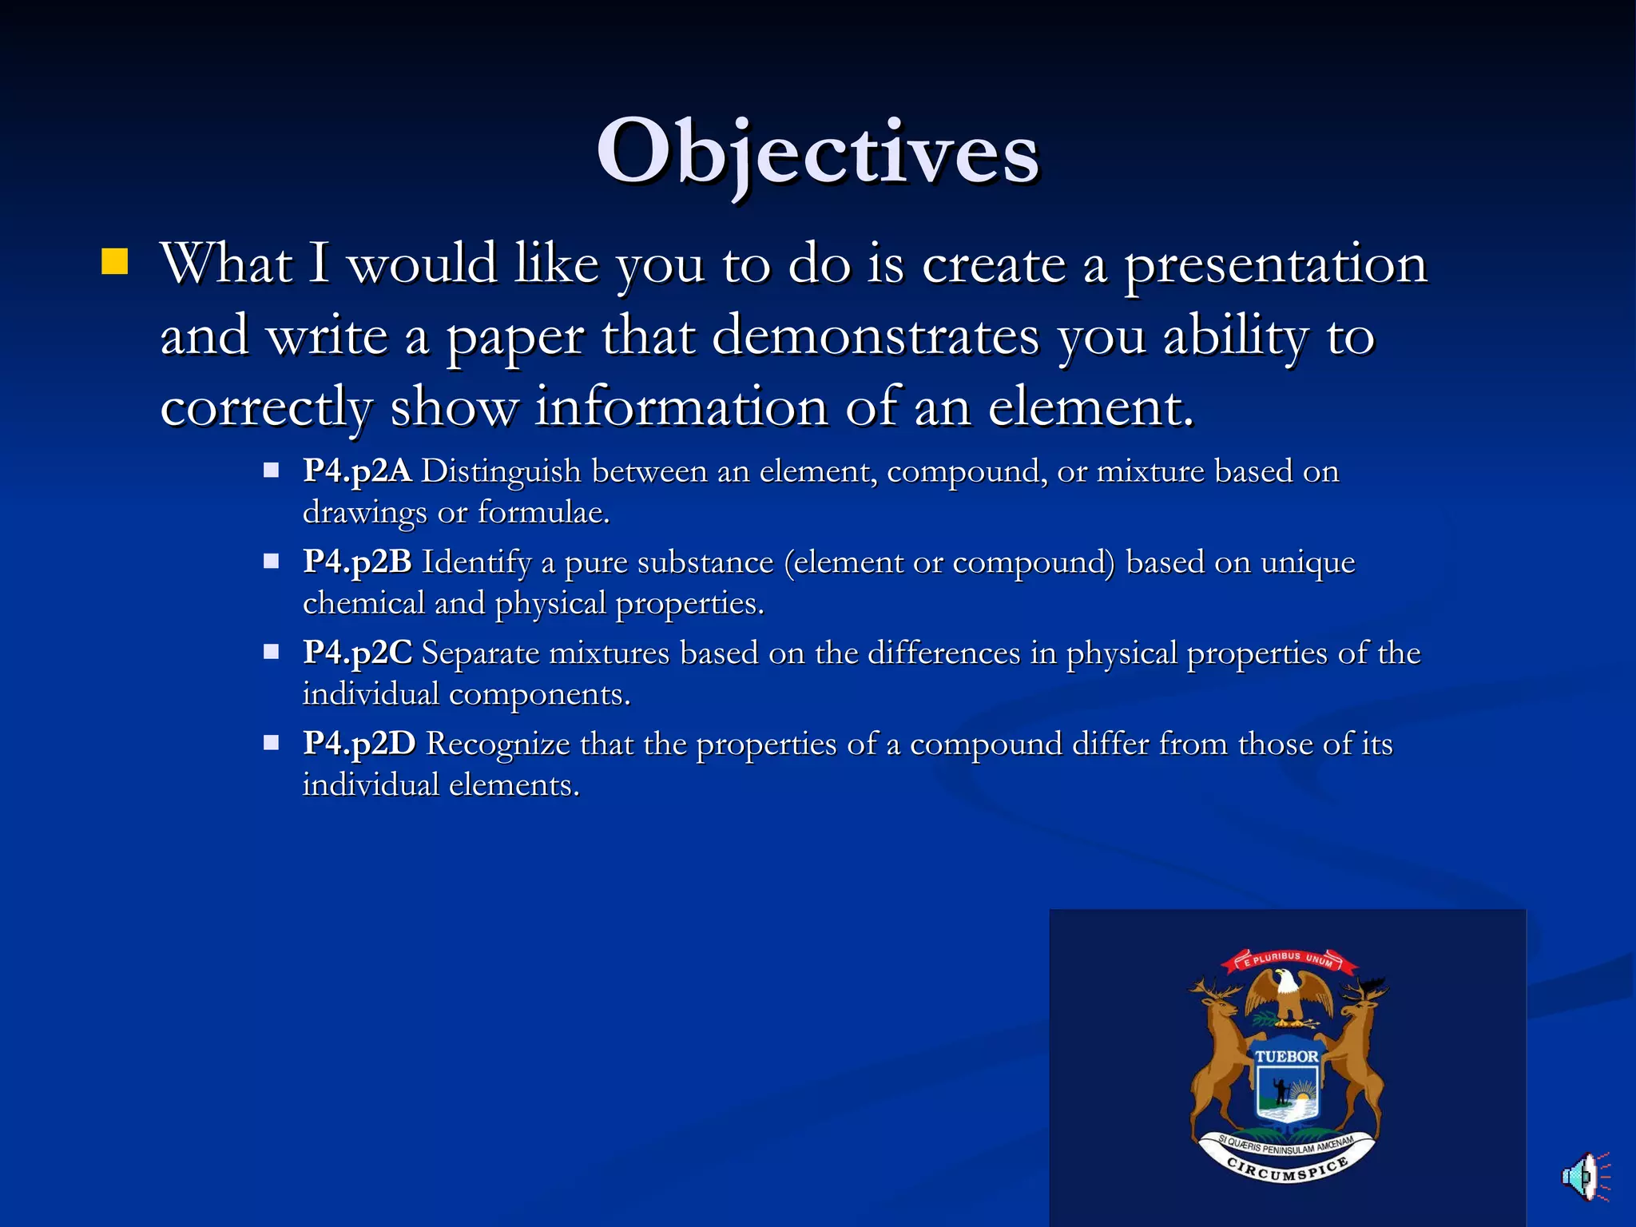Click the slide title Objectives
click(818, 152)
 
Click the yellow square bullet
click(115, 261)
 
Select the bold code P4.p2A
click(357, 471)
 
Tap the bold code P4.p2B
click(357, 562)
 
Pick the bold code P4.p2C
click(357, 653)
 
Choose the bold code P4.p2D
click(359, 744)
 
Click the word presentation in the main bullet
click(1276, 264)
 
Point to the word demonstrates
click(876, 336)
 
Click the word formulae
click(543, 512)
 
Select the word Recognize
click(498, 744)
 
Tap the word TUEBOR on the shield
click(1286, 1056)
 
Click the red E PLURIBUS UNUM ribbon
click(1289, 959)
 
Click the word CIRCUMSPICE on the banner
click(1287, 1170)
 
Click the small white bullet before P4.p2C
click(272, 652)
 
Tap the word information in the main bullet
click(681, 407)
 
